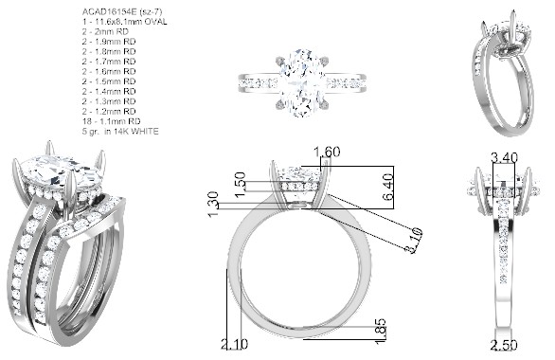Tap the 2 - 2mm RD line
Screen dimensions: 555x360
click(x=105, y=31)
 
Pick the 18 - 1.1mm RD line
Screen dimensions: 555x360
click(x=112, y=121)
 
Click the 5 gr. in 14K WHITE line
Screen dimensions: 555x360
click(x=120, y=132)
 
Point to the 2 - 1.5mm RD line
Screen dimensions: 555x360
click(x=109, y=81)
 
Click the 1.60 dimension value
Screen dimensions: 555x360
click(x=328, y=152)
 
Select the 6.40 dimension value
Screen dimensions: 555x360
click(x=388, y=187)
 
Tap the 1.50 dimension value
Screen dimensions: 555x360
click(x=240, y=185)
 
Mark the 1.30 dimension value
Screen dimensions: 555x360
click(x=213, y=205)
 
